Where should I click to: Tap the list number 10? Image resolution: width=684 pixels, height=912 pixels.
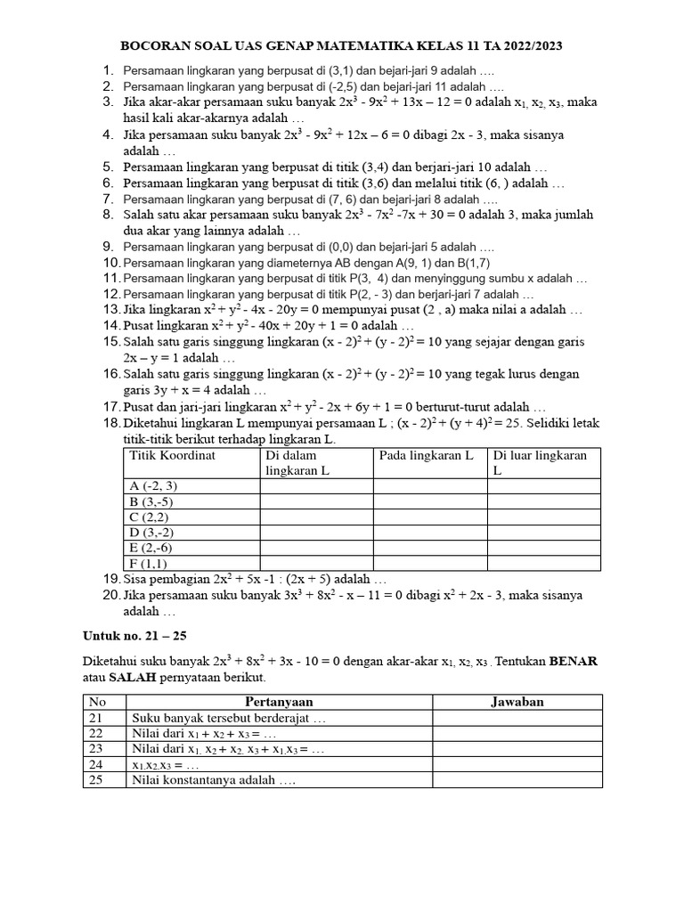click(x=110, y=263)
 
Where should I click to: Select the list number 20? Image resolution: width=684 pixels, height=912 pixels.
click(x=110, y=596)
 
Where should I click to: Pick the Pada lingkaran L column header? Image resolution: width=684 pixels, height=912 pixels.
click(x=426, y=456)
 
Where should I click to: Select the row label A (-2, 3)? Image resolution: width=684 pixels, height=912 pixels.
click(x=154, y=485)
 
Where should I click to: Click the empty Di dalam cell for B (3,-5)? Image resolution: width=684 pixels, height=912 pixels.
click(x=316, y=501)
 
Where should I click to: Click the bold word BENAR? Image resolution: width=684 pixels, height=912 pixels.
click(x=573, y=662)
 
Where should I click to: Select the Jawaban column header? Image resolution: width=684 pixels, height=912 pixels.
click(x=517, y=702)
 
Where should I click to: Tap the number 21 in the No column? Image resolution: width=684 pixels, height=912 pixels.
click(x=96, y=718)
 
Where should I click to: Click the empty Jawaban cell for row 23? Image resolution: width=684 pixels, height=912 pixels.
click(x=517, y=749)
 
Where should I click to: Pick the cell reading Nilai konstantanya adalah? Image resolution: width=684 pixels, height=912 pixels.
click(x=214, y=780)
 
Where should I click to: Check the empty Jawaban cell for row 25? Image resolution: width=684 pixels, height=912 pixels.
click(x=517, y=780)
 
